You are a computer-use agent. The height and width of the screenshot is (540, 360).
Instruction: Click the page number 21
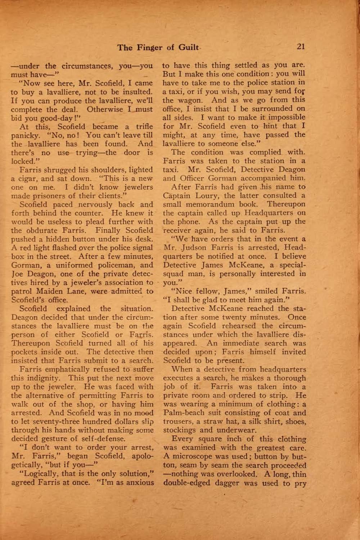[x=301, y=46]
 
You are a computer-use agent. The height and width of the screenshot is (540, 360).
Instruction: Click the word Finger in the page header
[x=149, y=47]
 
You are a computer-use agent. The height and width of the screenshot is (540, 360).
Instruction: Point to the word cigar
[x=24, y=179]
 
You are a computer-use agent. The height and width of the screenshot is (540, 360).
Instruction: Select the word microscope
[x=191, y=456]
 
